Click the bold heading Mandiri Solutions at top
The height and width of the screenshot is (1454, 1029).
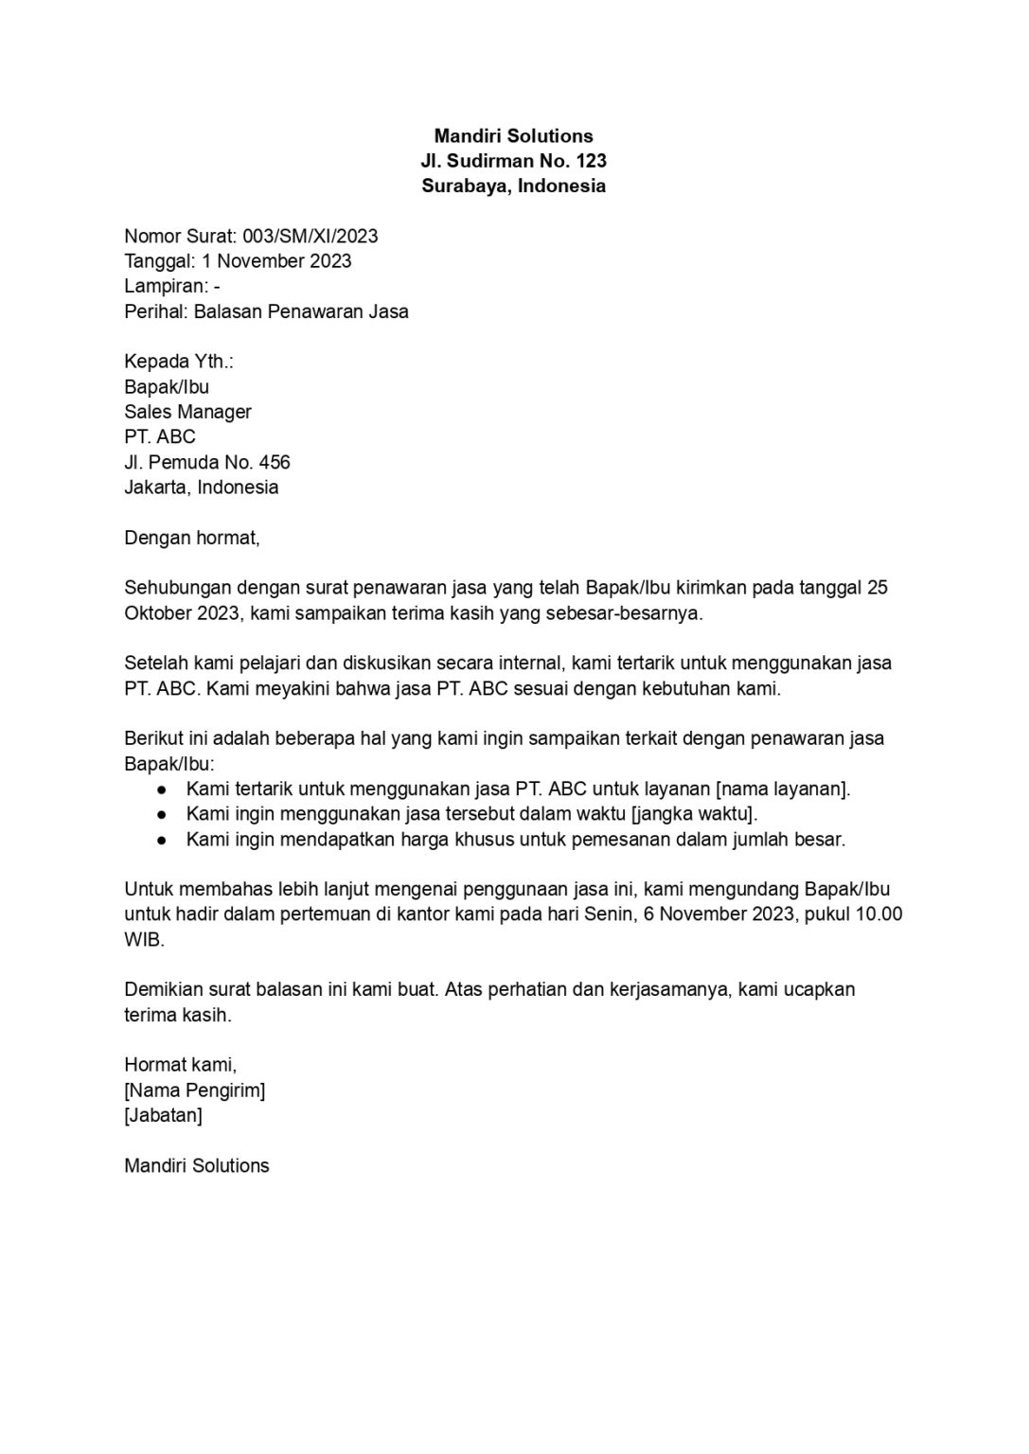[x=513, y=136]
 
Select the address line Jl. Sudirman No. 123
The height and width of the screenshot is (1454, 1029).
[x=513, y=161]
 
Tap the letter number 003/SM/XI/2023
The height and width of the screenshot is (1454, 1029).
[x=310, y=236]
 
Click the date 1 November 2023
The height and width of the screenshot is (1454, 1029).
[x=276, y=261]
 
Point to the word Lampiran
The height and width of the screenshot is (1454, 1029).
[x=165, y=286]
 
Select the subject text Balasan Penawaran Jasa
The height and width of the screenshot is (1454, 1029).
[x=301, y=311]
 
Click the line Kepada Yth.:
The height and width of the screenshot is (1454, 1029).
[x=179, y=362]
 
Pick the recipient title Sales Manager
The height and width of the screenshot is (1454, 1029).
[x=187, y=412]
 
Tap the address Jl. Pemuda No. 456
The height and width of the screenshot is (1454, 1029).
[x=206, y=462]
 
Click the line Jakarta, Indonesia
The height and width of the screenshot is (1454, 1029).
[x=201, y=488]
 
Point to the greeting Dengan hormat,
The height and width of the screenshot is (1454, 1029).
[x=191, y=538]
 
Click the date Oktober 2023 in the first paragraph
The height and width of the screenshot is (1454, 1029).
[x=184, y=612]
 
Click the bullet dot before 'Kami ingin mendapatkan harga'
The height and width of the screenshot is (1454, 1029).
[x=162, y=840]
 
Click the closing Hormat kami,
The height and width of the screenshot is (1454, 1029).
[x=180, y=1065]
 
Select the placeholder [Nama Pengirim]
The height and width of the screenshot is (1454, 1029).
[x=194, y=1090]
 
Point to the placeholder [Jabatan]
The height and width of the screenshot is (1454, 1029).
[x=163, y=1115]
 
